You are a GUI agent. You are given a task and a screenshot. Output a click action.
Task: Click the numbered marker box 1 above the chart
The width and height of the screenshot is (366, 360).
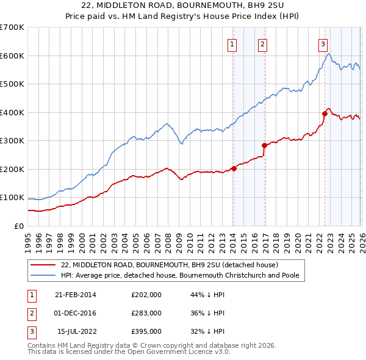click(233, 43)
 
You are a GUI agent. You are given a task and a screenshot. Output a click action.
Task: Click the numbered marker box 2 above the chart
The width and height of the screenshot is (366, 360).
click(262, 43)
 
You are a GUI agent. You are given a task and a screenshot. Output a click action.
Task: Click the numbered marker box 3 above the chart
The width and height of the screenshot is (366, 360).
click(323, 43)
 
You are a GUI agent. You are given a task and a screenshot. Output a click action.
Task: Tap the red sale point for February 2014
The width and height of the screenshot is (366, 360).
click(234, 168)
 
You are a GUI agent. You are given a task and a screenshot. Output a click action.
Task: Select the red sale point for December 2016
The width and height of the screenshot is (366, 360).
click(264, 145)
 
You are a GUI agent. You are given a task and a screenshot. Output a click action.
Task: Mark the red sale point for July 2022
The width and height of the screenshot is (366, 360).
click(325, 113)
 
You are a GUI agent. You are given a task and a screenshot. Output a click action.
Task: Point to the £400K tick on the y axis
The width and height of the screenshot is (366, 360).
click(12, 112)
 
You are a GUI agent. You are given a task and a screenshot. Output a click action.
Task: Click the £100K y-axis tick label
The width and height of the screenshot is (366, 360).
click(12, 198)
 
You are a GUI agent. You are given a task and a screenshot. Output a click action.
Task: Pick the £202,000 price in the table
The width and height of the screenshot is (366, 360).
click(146, 295)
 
